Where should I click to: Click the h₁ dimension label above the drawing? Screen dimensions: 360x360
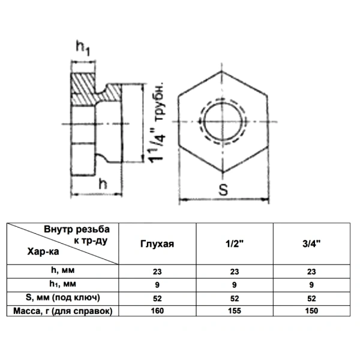tap(83, 49)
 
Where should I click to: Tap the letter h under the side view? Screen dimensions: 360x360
tap(103, 184)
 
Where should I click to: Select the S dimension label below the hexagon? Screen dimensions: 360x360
tap(223, 190)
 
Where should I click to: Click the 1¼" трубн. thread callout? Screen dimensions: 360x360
tap(157, 122)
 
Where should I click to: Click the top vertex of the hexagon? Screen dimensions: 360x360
tap(222, 71)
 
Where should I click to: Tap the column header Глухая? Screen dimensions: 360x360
tap(157, 244)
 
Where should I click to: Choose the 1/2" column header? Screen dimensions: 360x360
tap(235, 244)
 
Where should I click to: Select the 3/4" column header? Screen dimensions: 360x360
tap(311, 244)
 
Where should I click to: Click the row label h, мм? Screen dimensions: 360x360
tap(62, 270)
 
